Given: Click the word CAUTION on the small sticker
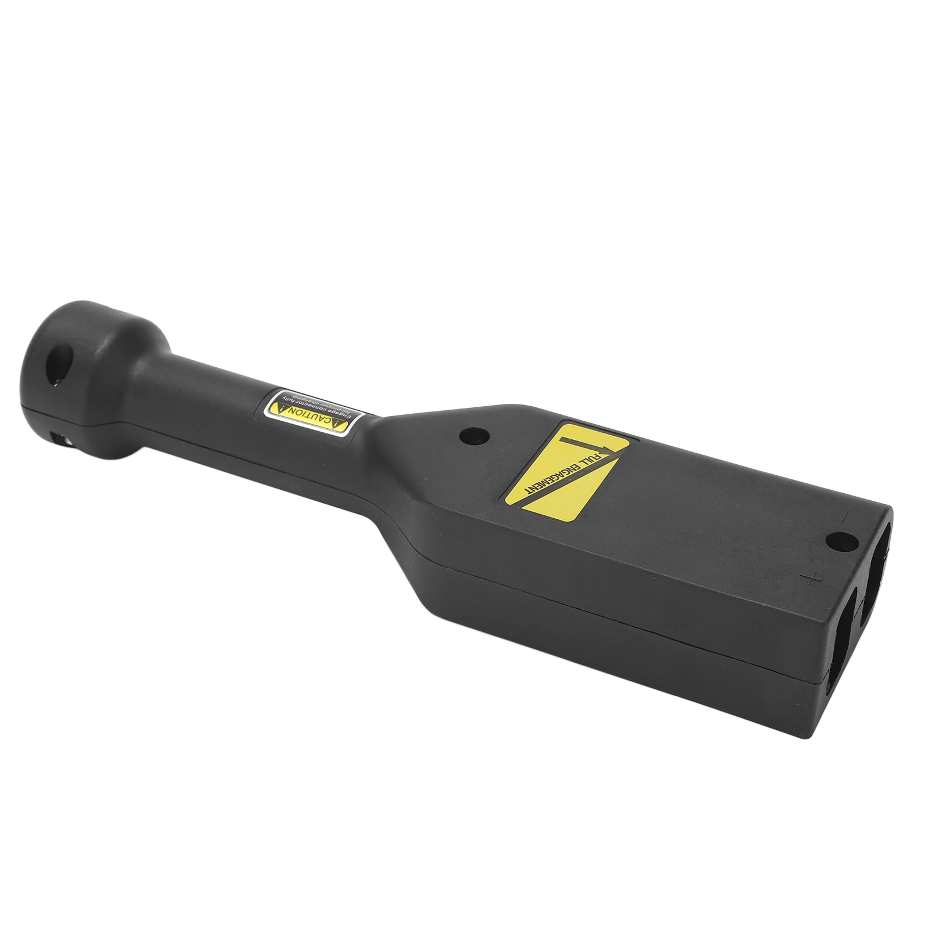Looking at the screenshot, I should coord(309,416).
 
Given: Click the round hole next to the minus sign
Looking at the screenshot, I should coord(842,542).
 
